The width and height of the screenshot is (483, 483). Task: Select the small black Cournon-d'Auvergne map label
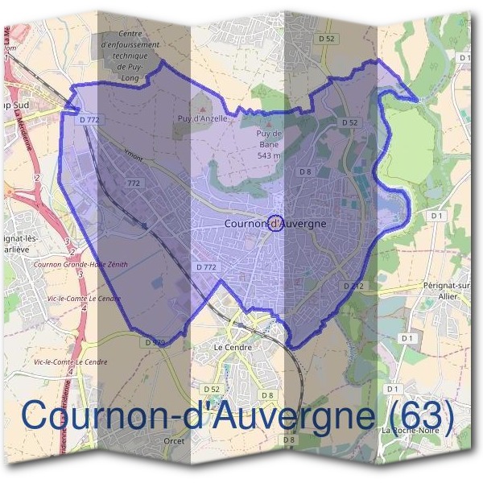point(275,224)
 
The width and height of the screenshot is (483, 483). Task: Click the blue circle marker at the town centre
point(275,224)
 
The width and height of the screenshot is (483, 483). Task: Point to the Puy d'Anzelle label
point(203,118)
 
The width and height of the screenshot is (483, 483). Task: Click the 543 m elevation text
point(268,155)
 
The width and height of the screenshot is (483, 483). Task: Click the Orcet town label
point(173,441)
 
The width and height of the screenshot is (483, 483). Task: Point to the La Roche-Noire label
point(409,431)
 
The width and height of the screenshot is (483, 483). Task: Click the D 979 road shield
point(155,342)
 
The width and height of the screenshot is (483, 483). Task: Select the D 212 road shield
point(354,286)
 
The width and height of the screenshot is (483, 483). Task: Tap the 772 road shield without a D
point(134,184)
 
